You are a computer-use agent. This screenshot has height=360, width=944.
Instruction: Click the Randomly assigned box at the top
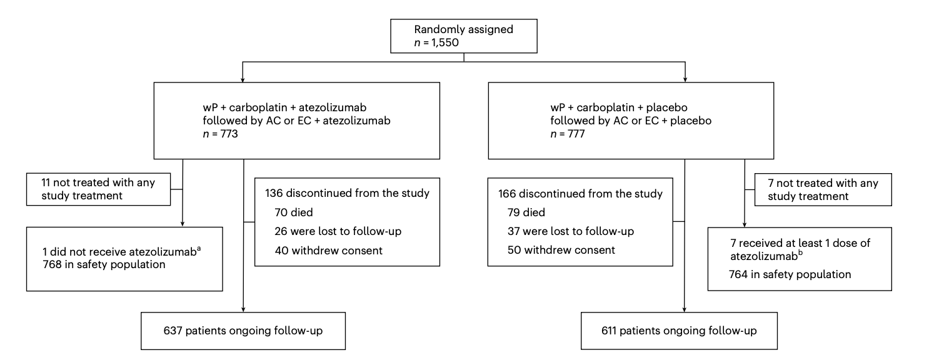pos(464,36)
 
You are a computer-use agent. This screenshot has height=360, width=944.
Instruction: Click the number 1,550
pos(444,42)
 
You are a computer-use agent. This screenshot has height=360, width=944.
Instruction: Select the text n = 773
pos(220,134)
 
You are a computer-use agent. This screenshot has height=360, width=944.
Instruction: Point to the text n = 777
pos(567,134)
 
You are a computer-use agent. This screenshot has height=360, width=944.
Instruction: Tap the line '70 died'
pos(294,212)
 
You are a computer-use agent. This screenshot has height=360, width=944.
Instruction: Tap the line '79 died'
pos(526,212)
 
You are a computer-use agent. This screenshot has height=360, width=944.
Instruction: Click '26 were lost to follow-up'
pos(338,231)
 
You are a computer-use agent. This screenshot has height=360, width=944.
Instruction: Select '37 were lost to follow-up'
pos(571,231)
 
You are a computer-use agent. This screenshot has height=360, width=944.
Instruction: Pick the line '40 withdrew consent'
pos(329,251)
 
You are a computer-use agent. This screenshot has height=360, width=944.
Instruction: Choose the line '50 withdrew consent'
pos(561,250)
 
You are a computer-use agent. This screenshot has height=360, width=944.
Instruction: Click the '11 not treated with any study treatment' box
pos(98,189)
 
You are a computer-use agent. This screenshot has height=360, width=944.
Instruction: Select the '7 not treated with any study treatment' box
pos(823,190)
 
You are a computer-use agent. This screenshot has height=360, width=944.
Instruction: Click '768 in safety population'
pos(104,265)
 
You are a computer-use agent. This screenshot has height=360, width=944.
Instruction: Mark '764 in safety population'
pos(790,274)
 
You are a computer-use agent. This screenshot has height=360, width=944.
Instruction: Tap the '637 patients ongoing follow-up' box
pos(243,331)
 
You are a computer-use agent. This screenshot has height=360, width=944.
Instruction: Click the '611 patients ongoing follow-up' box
pos(679,331)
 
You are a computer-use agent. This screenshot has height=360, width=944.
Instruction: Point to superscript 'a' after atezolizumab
pos(199,249)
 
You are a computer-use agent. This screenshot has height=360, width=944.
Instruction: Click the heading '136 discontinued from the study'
pos(347,194)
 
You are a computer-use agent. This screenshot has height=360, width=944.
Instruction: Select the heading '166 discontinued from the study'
pos(580,194)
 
